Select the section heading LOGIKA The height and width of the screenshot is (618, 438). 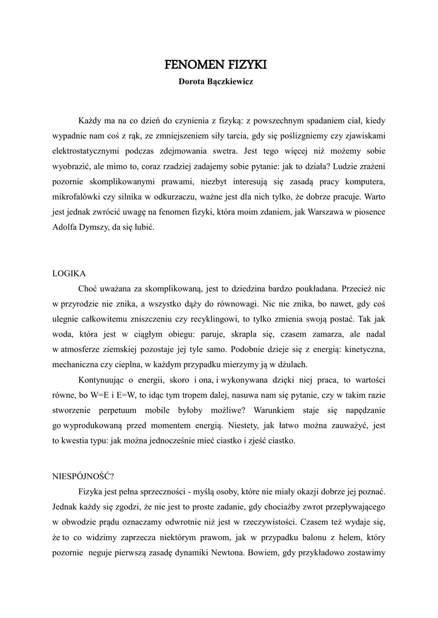(x=69, y=273)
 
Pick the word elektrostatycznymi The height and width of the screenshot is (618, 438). (x=89, y=150)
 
